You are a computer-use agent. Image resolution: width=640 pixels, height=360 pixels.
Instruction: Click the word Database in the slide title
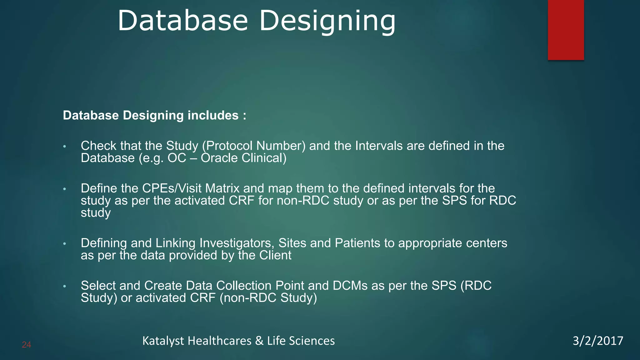tap(183, 21)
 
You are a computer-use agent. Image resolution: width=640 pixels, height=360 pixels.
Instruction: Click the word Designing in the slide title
tap(327, 21)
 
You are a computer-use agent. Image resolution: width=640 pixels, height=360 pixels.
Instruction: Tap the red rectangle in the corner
tap(566, 30)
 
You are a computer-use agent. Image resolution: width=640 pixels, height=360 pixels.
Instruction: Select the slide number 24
tap(26, 345)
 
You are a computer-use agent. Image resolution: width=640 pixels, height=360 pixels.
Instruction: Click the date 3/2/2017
tap(598, 341)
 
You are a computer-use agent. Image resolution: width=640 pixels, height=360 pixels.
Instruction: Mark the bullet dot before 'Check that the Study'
tap(64, 146)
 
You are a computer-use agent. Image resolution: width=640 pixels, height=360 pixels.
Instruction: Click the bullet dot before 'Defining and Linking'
tap(64, 243)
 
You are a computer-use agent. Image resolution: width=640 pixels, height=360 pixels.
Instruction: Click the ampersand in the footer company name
tap(259, 341)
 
